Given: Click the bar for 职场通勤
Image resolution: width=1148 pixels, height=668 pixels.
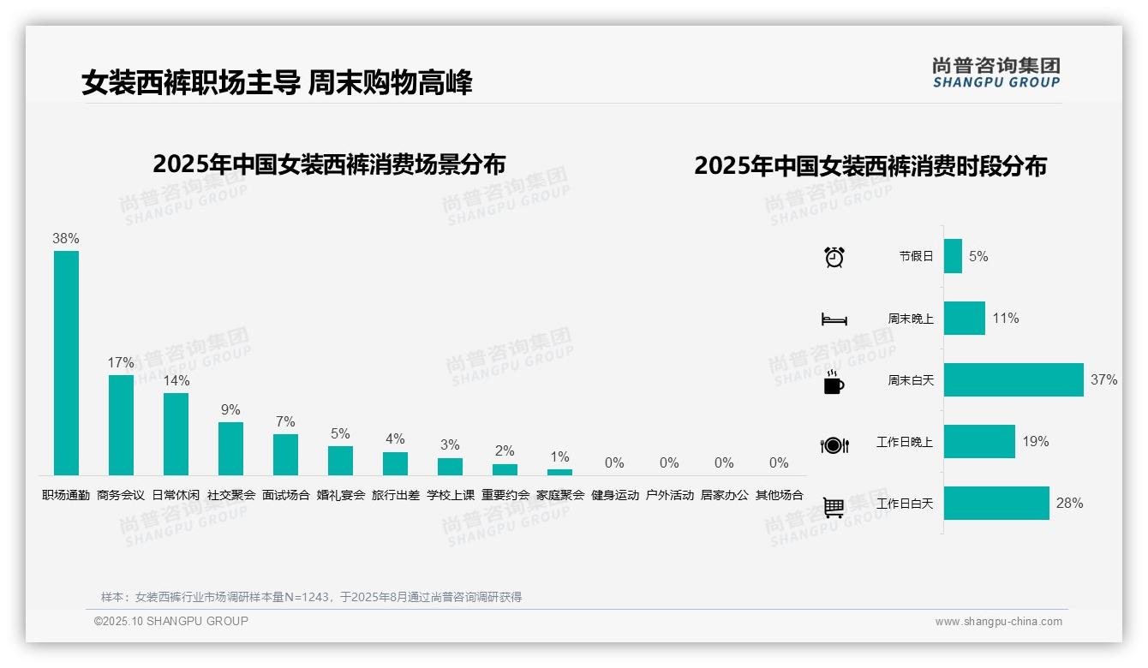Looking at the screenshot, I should pos(66,362).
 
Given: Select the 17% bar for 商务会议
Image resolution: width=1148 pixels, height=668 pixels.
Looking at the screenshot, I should pos(121,425).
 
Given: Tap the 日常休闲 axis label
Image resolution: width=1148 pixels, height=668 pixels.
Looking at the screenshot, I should pos(176,495).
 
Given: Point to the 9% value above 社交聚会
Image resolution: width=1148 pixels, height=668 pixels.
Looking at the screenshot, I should pos(230,410).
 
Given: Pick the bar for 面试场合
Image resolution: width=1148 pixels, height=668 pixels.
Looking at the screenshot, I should pos(285,454).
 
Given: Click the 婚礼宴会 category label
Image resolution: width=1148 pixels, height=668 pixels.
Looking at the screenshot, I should pos(340,495).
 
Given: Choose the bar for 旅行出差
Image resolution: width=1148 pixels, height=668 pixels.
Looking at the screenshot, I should pos(395,463).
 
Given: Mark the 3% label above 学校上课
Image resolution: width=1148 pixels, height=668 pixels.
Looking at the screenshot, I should pos(450,445).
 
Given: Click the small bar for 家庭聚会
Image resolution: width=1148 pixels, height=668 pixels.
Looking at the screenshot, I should pos(559,472).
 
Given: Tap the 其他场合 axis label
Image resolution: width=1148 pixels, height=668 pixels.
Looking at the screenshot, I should pos(779,495).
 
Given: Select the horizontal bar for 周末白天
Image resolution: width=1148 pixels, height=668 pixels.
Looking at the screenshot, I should pos(1013,379).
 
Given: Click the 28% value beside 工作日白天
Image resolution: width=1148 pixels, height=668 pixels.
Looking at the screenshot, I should pos(1069,504).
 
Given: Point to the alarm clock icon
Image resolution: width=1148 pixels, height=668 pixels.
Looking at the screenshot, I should pos(834,257).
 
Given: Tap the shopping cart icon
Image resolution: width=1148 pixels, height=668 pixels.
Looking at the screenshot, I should pos(834,507).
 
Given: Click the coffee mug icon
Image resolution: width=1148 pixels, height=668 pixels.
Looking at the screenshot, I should pos(834,383).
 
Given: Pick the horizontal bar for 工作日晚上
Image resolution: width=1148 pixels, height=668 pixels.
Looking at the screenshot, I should pos(979,442).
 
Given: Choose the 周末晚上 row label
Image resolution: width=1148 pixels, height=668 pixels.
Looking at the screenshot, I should pos(911,319).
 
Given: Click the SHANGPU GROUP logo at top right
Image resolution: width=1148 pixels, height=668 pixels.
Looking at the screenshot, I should pos(996,73).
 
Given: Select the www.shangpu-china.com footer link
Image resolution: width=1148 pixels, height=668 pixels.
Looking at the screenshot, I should pos(998,622).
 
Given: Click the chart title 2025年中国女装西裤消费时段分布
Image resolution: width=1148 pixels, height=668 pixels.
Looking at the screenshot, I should pos(870,166).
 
